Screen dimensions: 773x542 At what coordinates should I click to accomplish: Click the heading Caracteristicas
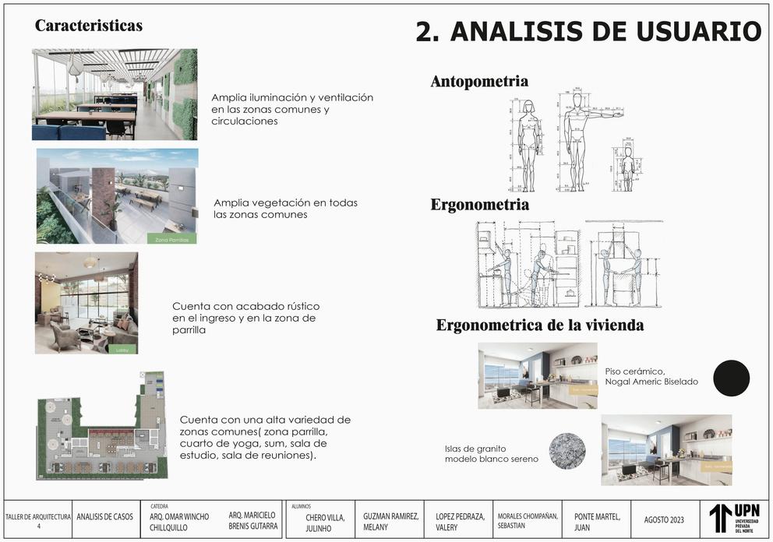(89, 26)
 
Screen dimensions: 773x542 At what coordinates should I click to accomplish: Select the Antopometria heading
(479, 81)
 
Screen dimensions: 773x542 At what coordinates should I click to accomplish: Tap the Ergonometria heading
(479, 205)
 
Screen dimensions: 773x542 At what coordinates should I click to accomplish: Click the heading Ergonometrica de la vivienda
(540, 325)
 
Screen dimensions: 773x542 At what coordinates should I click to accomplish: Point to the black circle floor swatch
(731, 378)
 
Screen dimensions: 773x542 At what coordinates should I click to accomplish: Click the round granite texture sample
(567, 451)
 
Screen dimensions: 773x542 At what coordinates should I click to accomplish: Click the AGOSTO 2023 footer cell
(664, 519)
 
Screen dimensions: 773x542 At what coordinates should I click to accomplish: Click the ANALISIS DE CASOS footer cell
(104, 517)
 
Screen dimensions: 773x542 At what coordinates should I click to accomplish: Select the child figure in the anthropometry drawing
(627, 166)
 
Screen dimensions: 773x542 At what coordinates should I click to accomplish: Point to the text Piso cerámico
(633, 371)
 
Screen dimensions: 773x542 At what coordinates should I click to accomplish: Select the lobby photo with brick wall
(86, 301)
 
